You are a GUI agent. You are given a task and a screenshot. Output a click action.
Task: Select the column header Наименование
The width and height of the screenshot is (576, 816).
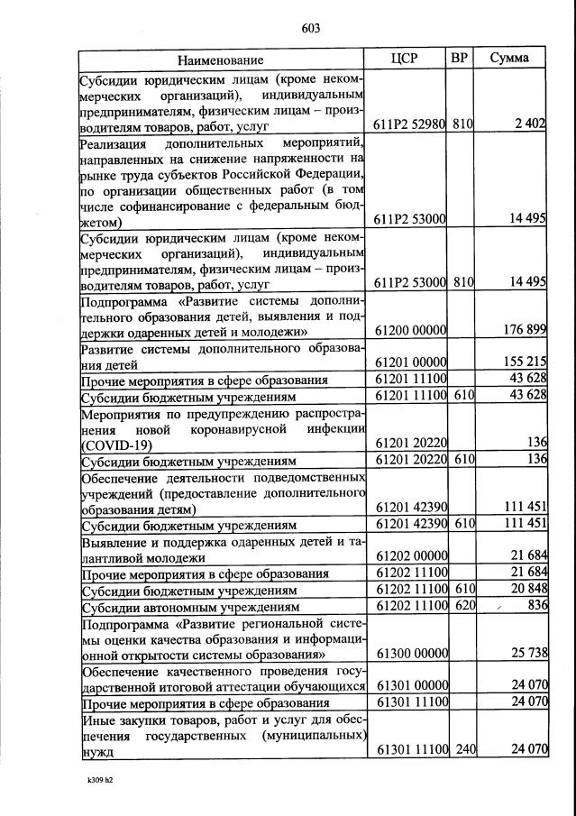[220, 60]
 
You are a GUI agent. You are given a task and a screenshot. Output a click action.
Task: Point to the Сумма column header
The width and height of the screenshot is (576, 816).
[509, 59]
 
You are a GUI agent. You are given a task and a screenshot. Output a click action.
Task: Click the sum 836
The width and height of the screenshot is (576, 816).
[537, 605]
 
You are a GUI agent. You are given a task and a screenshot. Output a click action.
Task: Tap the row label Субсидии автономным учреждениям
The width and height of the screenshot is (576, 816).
[190, 607]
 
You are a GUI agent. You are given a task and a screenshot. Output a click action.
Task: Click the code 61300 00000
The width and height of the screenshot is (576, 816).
[411, 653]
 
